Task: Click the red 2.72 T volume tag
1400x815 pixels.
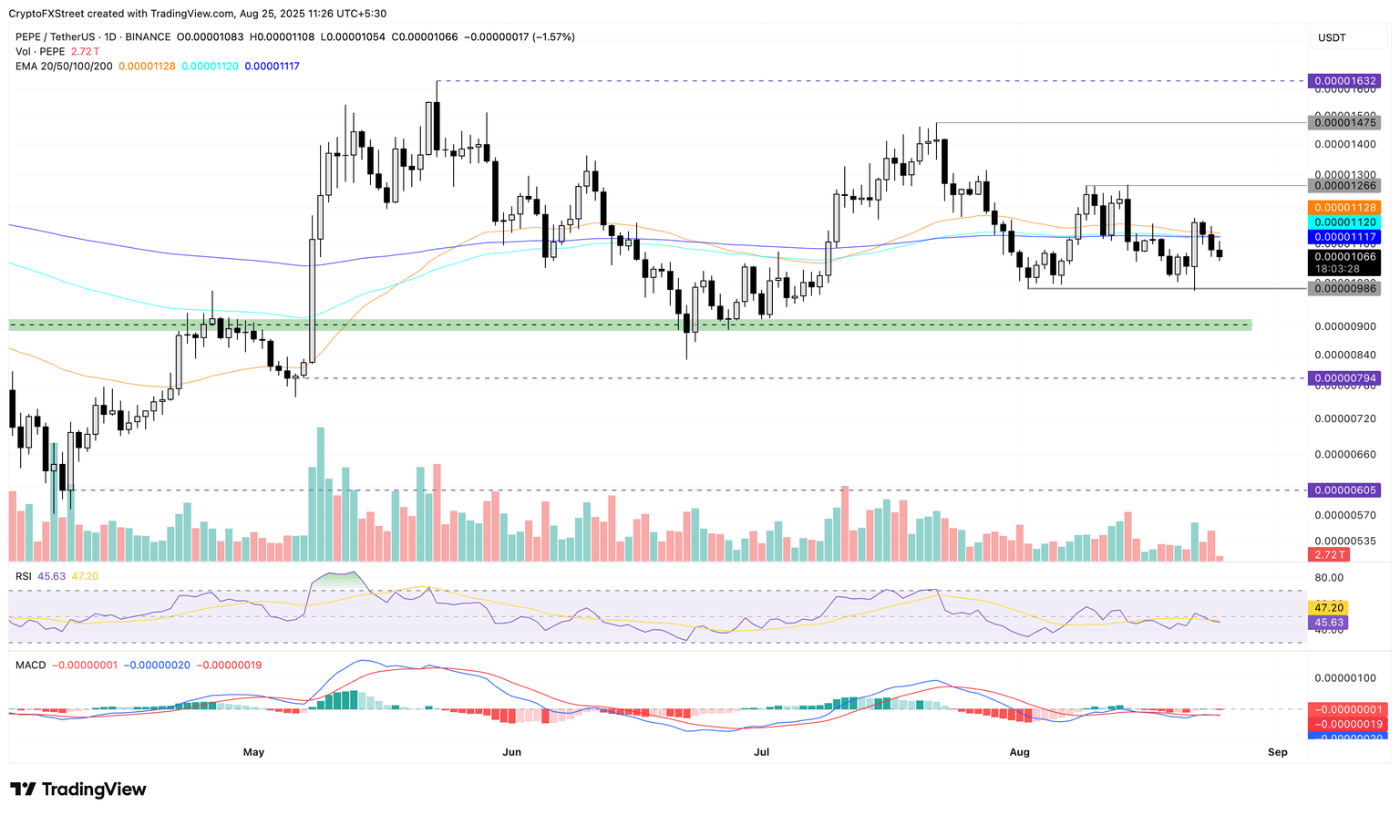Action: pyautogui.click(x=1326, y=554)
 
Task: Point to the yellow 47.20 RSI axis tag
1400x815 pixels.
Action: pyautogui.click(x=1326, y=607)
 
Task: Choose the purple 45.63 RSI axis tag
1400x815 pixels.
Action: pyautogui.click(x=1326, y=623)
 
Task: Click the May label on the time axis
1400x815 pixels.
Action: pyautogui.click(x=253, y=752)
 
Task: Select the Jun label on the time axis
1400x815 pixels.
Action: pyautogui.click(x=511, y=752)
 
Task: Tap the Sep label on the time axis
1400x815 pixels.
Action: pyautogui.click(x=1277, y=752)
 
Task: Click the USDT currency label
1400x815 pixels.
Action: pyautogui.click(x=1332, y=37)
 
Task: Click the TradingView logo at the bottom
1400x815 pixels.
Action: pyautogui.click(x=78, y=789)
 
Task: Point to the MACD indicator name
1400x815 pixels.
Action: pyautogui.click(x=30, y=665)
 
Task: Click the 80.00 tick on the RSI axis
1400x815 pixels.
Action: pyautogui.click(x=1329, y=578)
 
